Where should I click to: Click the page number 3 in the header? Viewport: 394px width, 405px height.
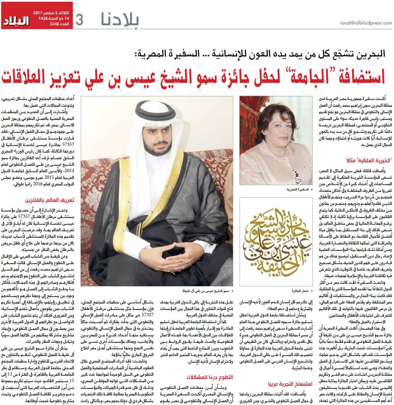[x=79, y=20]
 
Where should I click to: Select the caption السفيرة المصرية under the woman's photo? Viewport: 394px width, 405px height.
[x=295, y=190]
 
